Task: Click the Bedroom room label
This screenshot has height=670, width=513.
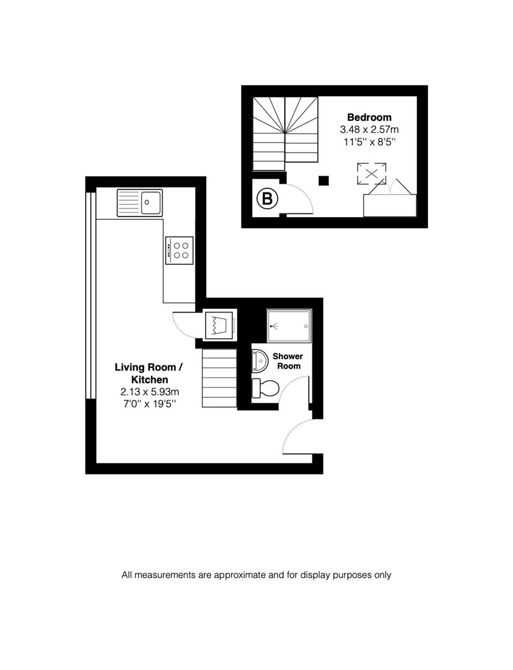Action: [369, 117]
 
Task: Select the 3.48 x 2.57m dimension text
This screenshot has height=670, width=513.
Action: [369, 130]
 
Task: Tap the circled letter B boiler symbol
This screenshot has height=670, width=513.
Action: [267, 199]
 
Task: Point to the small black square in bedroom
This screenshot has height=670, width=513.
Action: [323, 181]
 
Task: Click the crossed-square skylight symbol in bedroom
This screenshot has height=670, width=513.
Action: [371, 174]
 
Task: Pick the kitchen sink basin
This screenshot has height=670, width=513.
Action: [150, 202]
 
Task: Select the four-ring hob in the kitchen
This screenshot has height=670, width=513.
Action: [181, 250]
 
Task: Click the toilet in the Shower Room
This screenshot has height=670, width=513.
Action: [265, 389]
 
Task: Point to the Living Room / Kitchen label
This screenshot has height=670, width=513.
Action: [141, 373]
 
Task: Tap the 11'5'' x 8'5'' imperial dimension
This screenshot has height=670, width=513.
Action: [369, 142]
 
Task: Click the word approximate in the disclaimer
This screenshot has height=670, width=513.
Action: [239, 575]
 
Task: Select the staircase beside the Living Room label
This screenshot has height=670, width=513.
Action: [220, 378]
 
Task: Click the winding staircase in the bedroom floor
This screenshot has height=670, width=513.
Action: [285, 132]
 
